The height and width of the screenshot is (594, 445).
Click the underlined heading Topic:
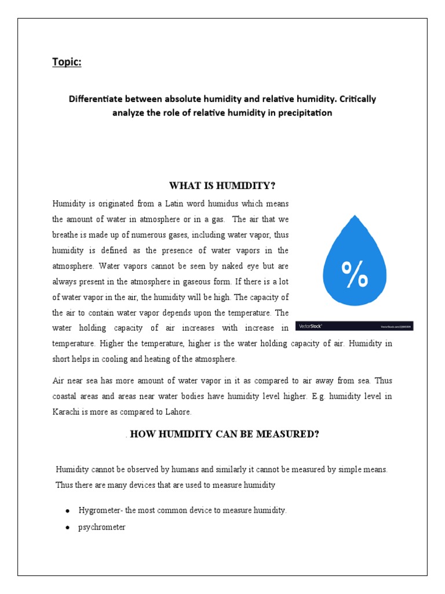[67, 62]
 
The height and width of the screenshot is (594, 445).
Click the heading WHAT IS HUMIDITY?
[222, 186]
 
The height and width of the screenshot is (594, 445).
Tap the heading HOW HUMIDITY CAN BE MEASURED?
[224, 433]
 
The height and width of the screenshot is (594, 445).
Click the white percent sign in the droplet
[355, 274]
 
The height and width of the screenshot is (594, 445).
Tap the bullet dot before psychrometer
[68, 528]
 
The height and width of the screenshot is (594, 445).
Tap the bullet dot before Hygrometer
[68, 510]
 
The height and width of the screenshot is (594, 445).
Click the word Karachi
[65, 412]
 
